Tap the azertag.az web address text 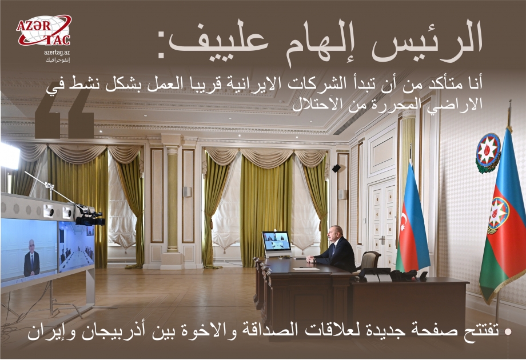pos(57,52)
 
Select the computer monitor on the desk pos(276,242)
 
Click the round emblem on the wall pos(488,151)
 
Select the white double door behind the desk pos(382,217)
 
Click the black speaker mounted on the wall pos(336,168)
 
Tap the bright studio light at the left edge pos(9,156)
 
